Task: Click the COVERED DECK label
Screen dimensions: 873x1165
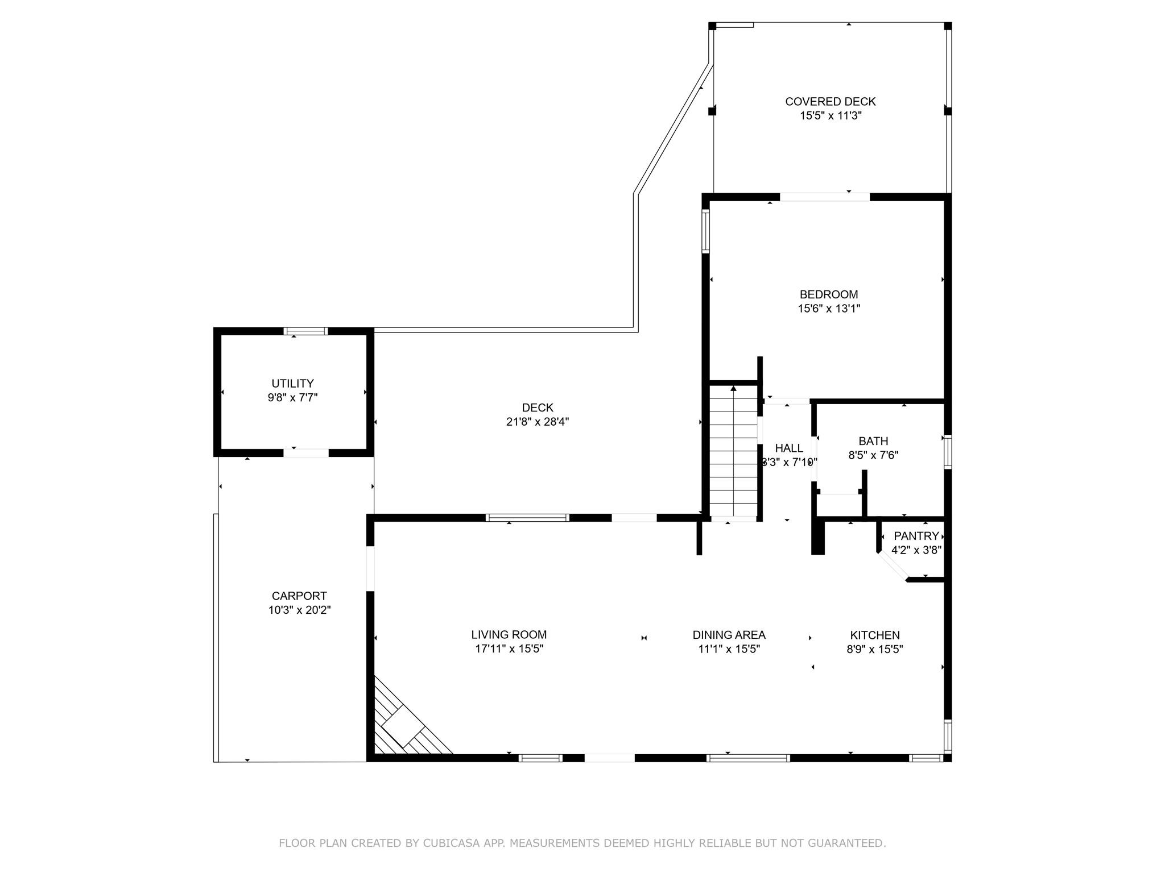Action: point(830,102)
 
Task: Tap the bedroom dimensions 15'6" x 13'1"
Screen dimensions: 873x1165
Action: point(829,309)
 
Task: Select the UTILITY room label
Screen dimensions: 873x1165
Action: point(292,384)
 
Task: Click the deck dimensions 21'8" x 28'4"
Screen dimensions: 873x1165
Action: point(537,422)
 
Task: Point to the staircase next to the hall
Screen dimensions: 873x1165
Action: point(734,452)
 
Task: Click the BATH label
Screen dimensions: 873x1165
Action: point(873,441)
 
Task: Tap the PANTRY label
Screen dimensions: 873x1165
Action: point(916,536)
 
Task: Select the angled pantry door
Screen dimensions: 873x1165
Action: point(892,566)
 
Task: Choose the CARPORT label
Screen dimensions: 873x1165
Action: point(299,596)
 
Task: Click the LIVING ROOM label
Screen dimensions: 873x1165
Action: point(509,635)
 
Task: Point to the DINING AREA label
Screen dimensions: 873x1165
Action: point(729,635)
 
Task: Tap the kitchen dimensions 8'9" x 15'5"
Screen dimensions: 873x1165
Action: point(874,649)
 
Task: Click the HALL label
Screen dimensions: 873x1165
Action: point(789,448)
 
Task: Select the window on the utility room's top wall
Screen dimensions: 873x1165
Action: point(305,331)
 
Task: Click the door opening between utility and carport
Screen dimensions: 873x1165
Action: point(306,453)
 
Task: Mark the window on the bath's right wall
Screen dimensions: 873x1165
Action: point(947,451)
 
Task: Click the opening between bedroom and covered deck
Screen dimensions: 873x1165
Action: point(824,197)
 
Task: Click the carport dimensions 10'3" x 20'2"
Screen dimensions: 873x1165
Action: point(299,610)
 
